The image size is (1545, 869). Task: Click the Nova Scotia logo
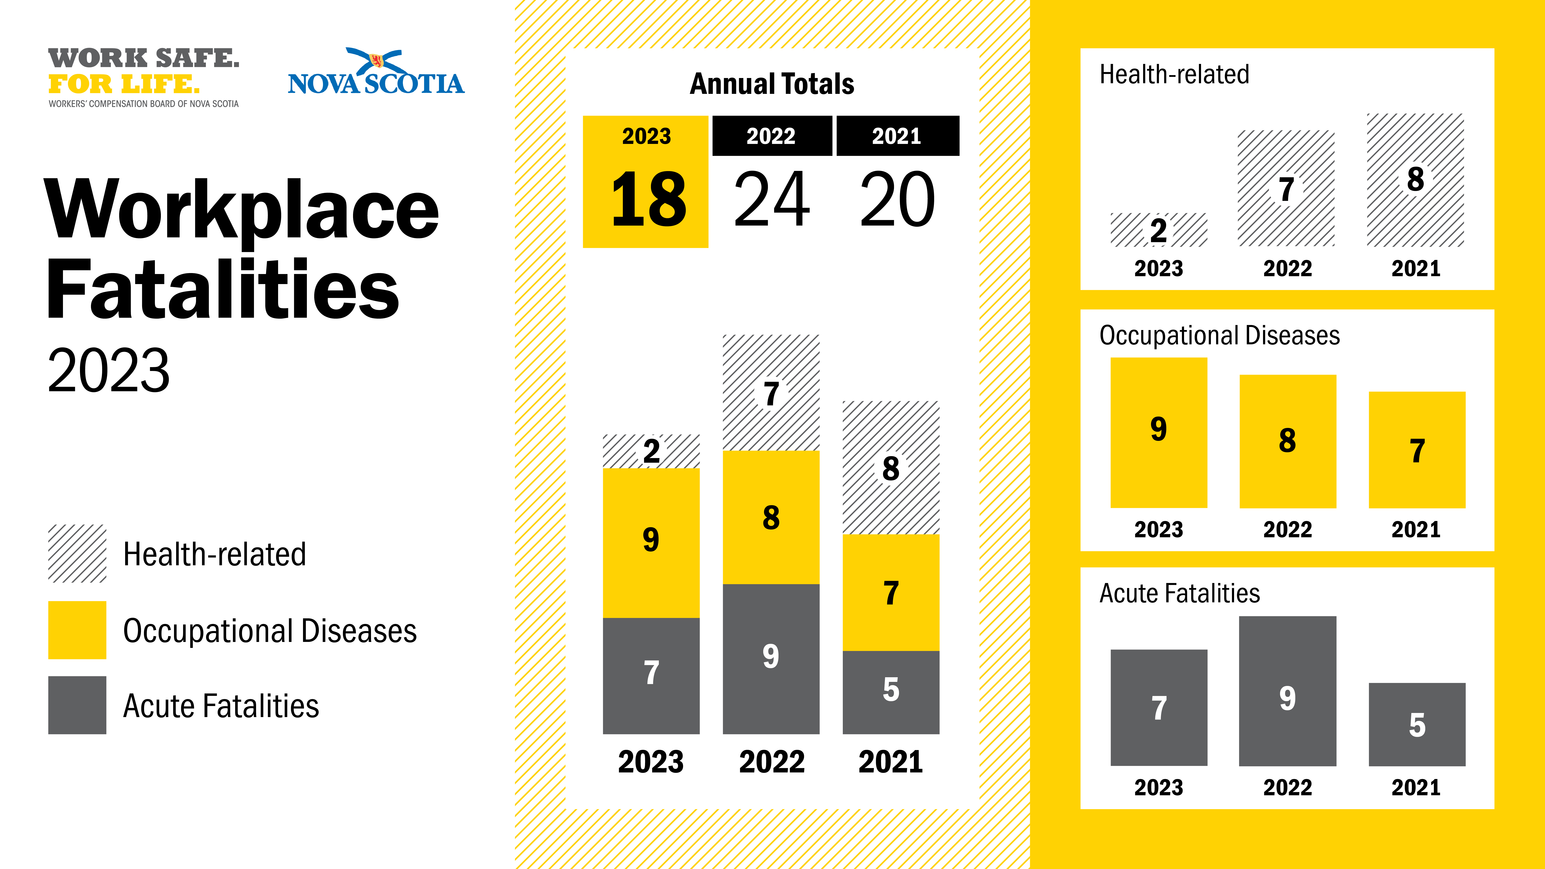[376, 73]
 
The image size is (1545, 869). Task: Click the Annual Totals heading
[772, 84]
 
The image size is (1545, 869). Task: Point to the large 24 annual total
[772, 200]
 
